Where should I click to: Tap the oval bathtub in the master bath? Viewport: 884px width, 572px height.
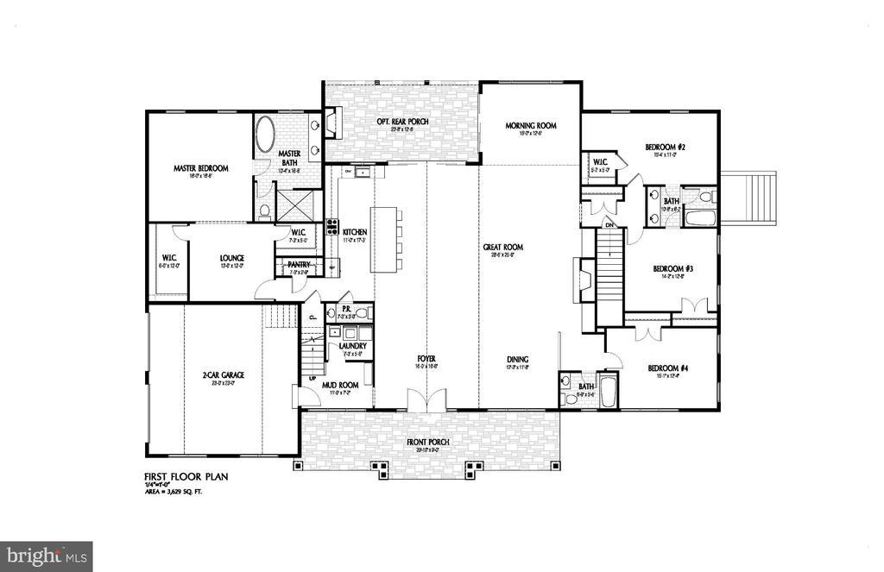(264, 136)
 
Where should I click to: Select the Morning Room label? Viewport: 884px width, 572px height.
(530, 125)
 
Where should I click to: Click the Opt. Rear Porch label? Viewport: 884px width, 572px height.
(402, 122)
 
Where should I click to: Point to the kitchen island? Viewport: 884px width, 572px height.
(387, 236)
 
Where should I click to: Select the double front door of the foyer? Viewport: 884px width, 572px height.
(426, 400)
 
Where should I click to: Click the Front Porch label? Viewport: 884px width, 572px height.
(429, 443)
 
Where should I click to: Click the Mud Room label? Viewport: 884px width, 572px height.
(340, 386)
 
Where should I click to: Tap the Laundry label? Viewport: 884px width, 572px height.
(352, 346)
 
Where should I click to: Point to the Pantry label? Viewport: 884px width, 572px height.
(300, 265)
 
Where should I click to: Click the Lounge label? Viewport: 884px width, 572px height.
(231, 258)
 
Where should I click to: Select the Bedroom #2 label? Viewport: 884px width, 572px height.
(665, 148)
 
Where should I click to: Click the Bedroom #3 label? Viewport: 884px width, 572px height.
(678, 268)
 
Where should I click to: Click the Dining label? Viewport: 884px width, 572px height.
(518, 360)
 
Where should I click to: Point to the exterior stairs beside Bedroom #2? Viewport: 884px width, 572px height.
(748, 197)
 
